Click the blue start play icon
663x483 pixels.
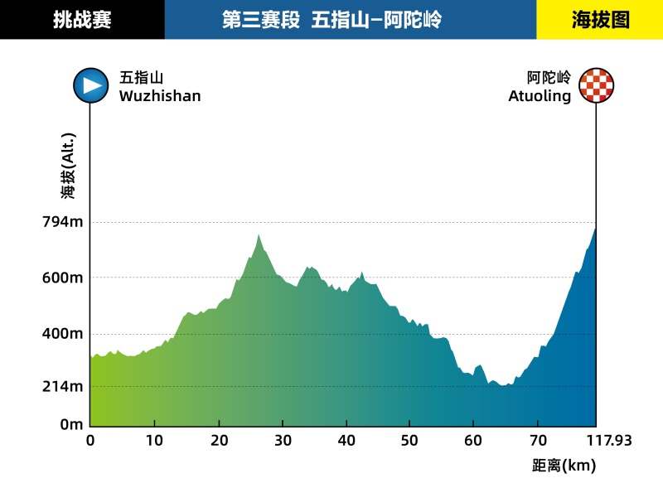tap(90, 85)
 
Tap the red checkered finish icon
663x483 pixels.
tap(597, 86)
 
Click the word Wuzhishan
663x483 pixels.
tap(160, 96)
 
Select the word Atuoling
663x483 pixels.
tap(540, 96)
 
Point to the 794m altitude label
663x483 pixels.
tap(64, 222)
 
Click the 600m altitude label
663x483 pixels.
tap(64, 278)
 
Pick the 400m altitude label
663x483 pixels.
tap(64, 334)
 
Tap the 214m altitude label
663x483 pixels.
tap(64, 386)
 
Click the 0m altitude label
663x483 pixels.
tap(70, 424)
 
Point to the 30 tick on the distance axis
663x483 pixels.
tap(283, 441)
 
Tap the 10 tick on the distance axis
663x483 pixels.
tap(155, 441)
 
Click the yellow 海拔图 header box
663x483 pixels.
tap(600, 20)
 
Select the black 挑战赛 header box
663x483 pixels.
tap(82, 20)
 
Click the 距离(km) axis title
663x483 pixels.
tap(564, 466)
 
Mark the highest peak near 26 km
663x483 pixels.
tap(259, 236)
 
